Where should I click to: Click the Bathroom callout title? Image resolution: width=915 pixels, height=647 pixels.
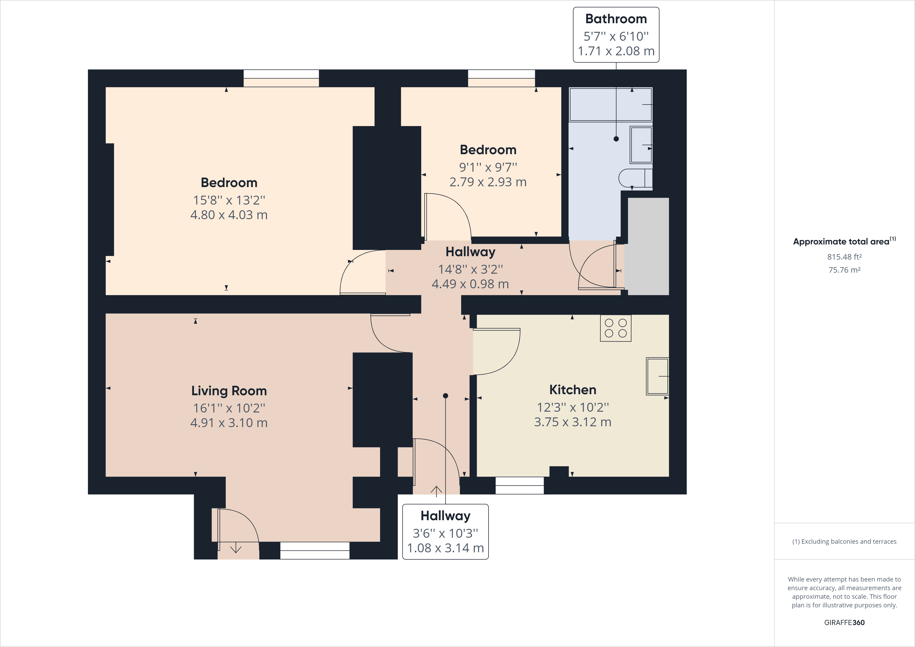pyautogui.click(x=616, y=19)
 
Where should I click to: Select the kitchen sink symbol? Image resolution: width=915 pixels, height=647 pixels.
pyautogui.click(x=657, y=376)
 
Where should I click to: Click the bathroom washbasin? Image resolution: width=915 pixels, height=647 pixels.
pyautogui.click(x=641, y=145)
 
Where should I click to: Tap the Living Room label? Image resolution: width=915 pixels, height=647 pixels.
pyautogui.click(x=229, y=391)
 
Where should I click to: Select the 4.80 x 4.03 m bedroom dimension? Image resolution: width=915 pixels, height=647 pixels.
pyautogui.click(x=229, y=215)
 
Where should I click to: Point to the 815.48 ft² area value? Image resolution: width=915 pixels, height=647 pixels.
pyautogui.click(x=844, y=257)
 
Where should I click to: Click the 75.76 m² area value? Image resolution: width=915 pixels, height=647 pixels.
pyautogui.click(x=844, y=270)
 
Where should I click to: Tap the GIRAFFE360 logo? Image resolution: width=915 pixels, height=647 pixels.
pyautogui.click(x=844, y=622)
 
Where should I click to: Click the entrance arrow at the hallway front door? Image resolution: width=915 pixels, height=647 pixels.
pyautogui.click(x=436, y=491)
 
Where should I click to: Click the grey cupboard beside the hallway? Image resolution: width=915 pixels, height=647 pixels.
pyautogui.click(x=648, y=246)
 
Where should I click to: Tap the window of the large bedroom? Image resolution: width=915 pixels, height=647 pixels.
pyautogui.click(x=281, y=78)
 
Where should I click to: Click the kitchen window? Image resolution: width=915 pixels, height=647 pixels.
pyautogui.click(x=519, y=486)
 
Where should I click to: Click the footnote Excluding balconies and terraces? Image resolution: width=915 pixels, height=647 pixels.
pyautogui.click(x=844, y=541)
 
